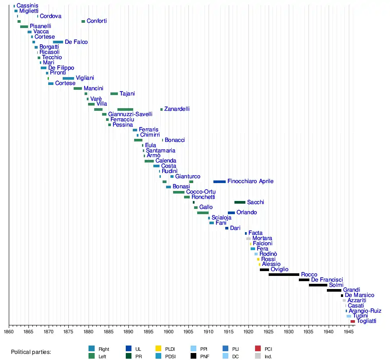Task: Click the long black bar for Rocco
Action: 284,275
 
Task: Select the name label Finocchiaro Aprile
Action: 250,181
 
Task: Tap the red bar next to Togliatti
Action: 352,321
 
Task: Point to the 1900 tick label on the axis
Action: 169,332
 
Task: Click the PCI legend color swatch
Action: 258,349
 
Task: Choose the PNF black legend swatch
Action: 193,356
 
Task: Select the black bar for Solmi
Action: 318,285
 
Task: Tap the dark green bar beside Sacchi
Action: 240,202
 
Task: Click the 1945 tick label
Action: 348,332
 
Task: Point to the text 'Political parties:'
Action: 31,352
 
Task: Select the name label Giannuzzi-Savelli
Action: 130,114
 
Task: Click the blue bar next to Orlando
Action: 231,213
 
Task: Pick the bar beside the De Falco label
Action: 58,42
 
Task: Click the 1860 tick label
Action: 9,332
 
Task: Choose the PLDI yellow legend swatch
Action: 159,349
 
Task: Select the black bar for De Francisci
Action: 304,280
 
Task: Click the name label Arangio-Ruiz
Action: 365,311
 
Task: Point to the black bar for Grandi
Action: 333,290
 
